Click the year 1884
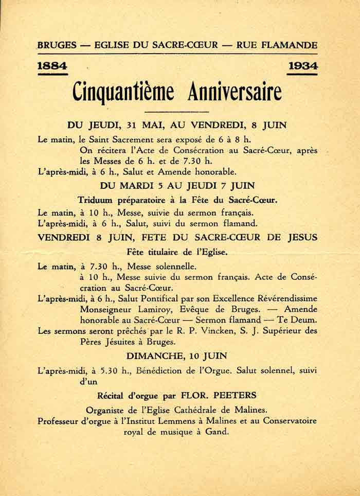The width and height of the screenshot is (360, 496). [52, 66]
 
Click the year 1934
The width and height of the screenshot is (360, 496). [302, 66]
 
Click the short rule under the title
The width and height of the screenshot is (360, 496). [177, 112]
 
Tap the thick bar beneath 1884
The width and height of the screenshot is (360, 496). [52, 74]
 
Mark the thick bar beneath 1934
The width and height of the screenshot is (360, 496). [302, 74]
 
